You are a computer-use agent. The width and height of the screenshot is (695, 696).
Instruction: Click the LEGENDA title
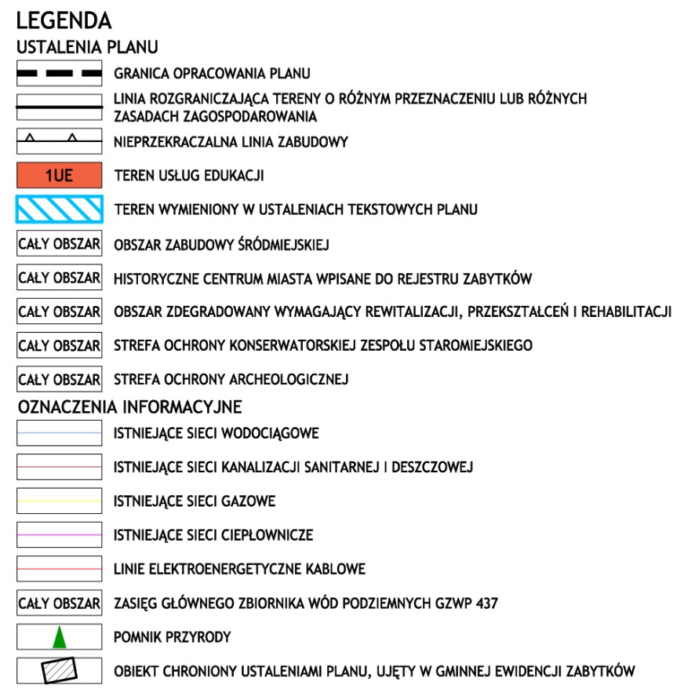tap(64, 20)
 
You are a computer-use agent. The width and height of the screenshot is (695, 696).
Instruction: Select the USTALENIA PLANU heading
tap(87, 48)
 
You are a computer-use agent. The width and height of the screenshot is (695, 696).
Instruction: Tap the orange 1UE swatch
tap(60, 175)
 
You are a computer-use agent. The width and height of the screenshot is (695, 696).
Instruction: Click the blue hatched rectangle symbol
tap(60, 209)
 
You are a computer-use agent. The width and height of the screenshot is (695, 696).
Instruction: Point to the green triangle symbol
tap(60, 637)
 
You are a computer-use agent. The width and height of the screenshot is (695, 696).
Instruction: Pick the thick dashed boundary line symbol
tap(60, 74)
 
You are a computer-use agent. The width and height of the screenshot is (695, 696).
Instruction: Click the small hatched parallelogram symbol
tap(60, 671)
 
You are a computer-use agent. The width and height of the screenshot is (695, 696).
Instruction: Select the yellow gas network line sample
tap(60, 501)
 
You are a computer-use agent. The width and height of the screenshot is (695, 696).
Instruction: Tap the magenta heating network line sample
tap(60, 534)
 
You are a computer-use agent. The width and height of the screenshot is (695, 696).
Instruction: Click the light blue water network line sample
tap(60, 432)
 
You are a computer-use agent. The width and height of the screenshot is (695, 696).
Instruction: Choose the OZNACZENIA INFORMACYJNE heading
tap(129, 407)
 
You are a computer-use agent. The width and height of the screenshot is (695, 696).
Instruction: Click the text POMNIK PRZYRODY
tap(172, 637)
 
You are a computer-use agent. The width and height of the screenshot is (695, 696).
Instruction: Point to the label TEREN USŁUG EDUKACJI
tap(188, 176)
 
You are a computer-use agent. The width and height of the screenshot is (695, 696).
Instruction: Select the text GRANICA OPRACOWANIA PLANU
tap(212, 74)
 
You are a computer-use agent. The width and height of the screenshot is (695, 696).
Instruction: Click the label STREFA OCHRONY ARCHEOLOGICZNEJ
tap(231, 380)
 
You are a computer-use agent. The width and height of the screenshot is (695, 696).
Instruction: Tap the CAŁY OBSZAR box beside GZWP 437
tap(60, 603)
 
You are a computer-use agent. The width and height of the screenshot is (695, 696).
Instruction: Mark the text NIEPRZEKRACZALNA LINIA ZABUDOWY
tap(231, 142)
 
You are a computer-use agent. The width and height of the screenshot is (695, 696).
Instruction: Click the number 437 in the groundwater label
tap(486, 603)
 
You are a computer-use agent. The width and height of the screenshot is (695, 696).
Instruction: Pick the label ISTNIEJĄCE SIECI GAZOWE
tap(195, 501)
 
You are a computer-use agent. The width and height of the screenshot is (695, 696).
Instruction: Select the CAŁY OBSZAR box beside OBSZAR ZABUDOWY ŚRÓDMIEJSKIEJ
tap(60, 244)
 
